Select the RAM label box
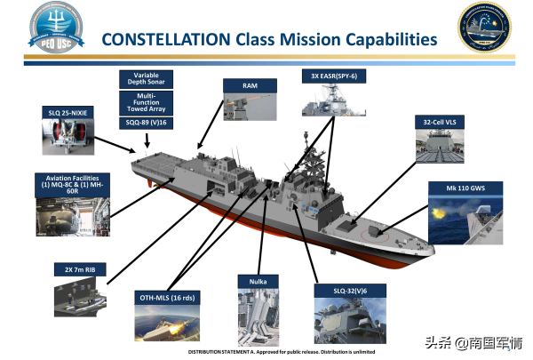pos(250,85)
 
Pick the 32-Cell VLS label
pos(441,122)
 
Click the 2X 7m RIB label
pos(74,268)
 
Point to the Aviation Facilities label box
pos(71,184)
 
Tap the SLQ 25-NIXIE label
pos(72,114)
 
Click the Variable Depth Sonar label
pos(147,80)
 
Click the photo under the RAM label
pos(250,112)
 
